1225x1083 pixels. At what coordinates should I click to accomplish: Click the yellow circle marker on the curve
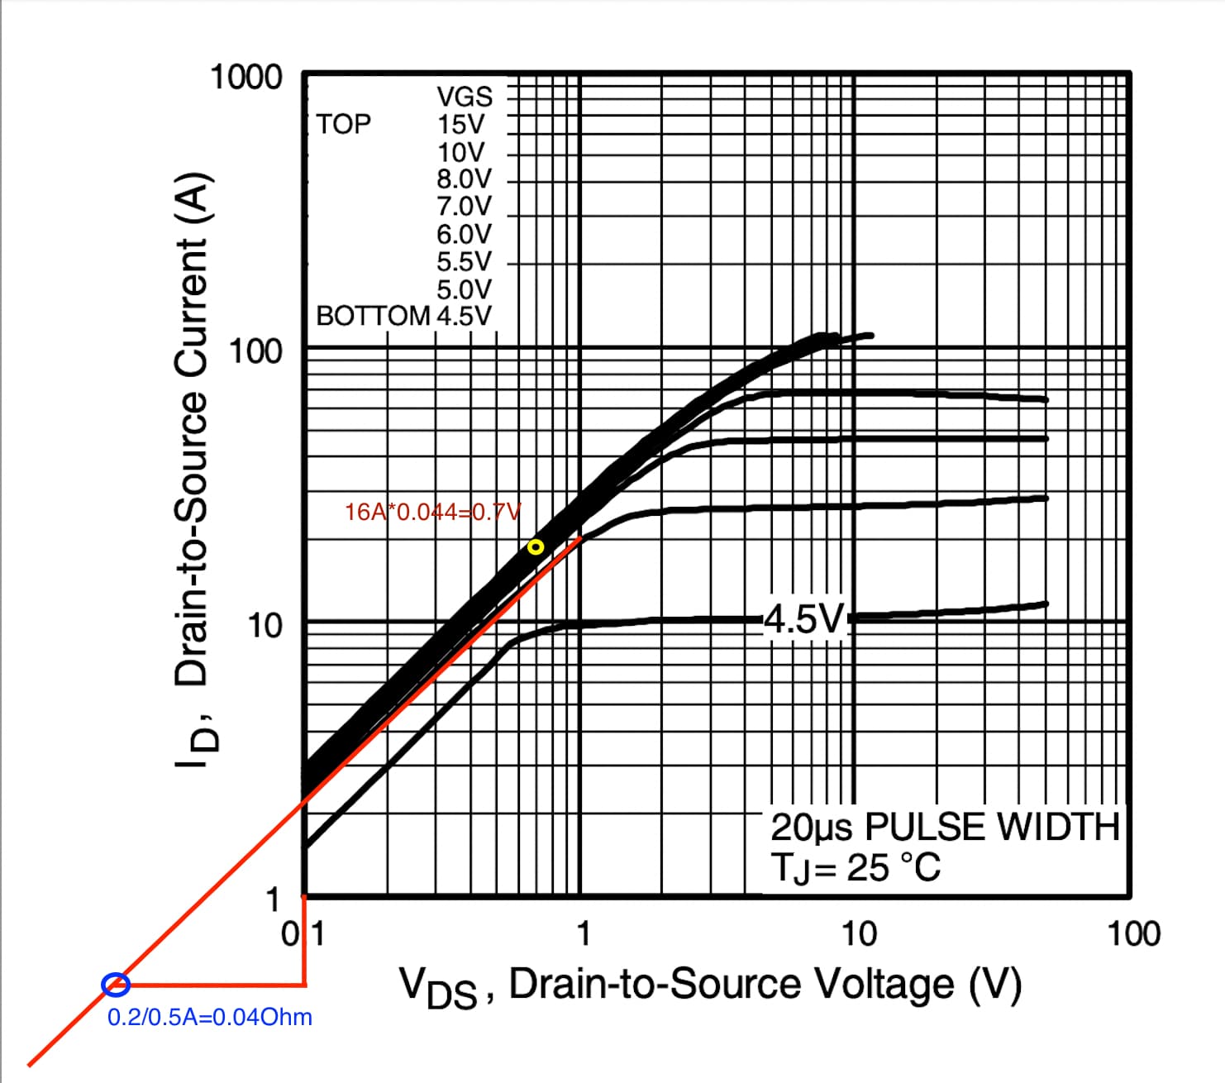coord(536,546)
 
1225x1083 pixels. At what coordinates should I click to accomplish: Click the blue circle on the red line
coord(116,984)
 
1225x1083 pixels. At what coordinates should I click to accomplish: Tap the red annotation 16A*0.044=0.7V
coord(432,512)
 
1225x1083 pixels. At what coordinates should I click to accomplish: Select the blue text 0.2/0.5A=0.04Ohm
coord(210,1017)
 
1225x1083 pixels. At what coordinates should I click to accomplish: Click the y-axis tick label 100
coord(255,351)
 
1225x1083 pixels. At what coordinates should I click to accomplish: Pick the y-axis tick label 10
coord(265,626)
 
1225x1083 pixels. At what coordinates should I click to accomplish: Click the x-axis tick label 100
coord(1134,933)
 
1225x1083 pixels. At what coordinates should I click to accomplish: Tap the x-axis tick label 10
coord(859,933)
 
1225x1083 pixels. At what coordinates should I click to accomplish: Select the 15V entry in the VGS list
coord(461,125)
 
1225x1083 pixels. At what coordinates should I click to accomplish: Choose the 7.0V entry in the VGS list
coord(464,206)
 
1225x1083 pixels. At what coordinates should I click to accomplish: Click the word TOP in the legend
coord(344,124)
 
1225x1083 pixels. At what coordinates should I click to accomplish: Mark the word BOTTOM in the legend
coord(373,316)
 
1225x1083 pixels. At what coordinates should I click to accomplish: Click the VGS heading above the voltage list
coord(465,97)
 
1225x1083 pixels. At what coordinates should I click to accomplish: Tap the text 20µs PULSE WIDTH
coord(945,827)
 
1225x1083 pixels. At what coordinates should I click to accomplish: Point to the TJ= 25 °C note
coord(856,867)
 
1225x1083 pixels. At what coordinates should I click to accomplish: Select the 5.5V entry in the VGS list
coord(464,261)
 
